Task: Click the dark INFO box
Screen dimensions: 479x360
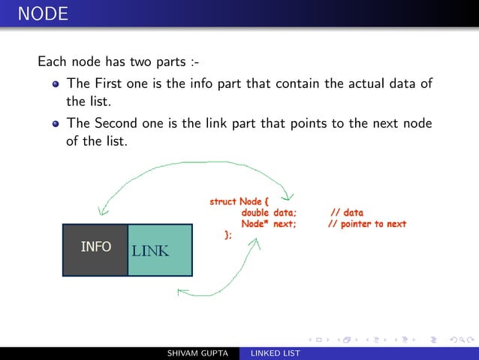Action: [x=95, y=250]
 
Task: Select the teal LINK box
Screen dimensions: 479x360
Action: [x=160, y=250]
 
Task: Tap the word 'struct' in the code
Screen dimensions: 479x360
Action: [x=223, y=201]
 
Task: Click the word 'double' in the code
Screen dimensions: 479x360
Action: [x=255, y=213]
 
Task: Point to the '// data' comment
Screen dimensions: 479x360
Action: [x=346, y=213]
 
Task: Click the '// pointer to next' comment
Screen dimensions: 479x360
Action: [x=367, y=224]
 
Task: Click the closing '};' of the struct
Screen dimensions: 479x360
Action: [x=227, y=235]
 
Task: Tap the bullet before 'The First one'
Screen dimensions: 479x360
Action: [x=56, y=84]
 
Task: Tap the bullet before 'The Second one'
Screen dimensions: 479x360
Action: [x=56, y=124]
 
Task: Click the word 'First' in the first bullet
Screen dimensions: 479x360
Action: [x=109, y=83]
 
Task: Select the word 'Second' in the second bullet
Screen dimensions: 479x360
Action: [x=117, y=123]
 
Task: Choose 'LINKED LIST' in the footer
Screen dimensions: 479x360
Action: [x=276, y=353]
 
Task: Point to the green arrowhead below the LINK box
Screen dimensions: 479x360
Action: [x=180, y=291]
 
